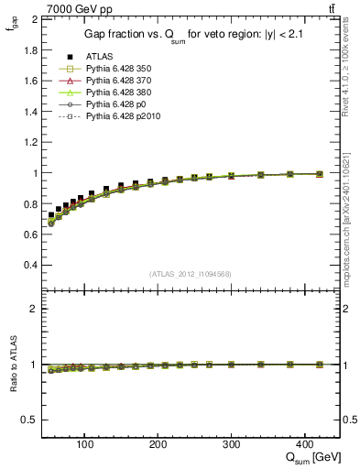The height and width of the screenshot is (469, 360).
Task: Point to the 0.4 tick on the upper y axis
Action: click(31, 265)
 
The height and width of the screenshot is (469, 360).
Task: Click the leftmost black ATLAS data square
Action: click(51, 215)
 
